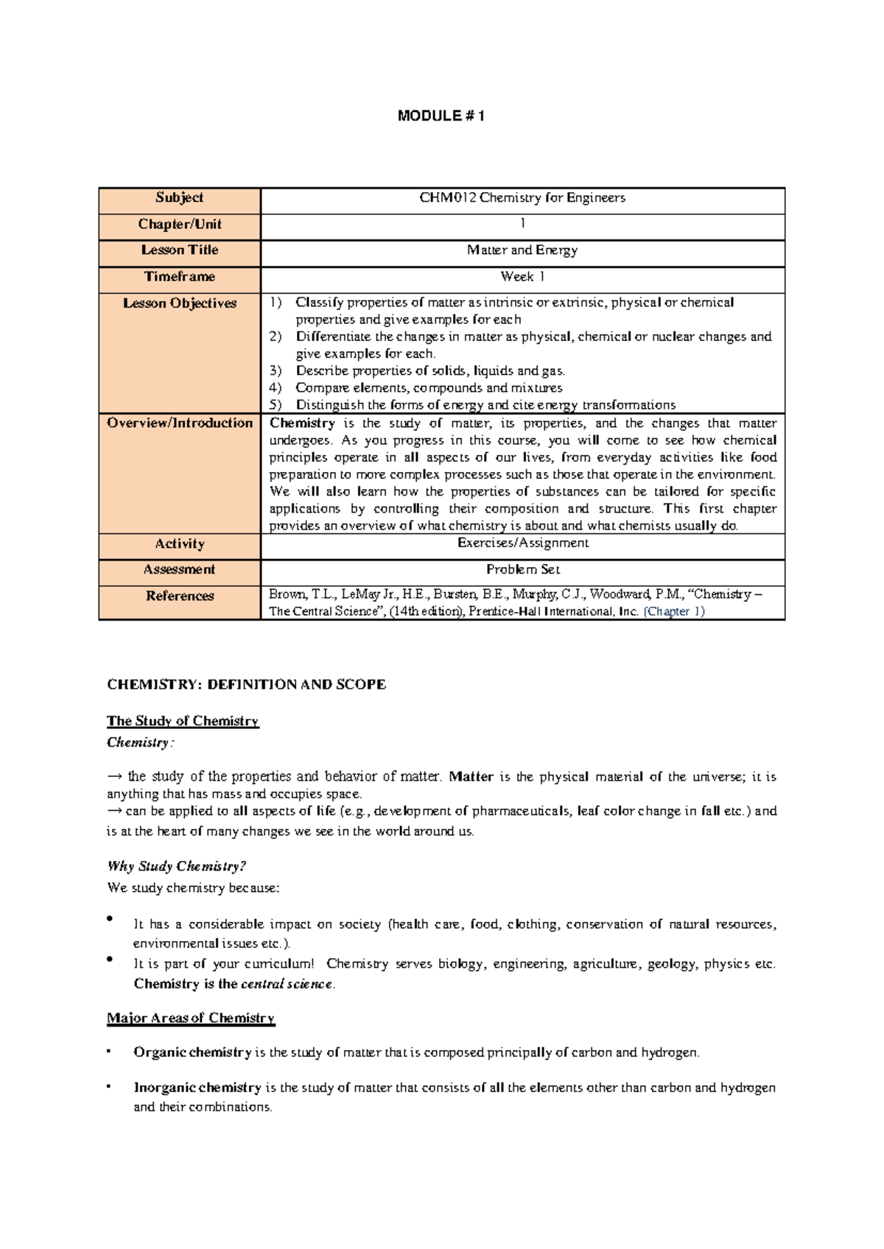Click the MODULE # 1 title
(x=441, y=116)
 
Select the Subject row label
(x=179, y=197)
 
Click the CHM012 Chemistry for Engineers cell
(x=522, y=197)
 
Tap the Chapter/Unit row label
(x=179, y=224)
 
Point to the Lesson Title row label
(x=179, y=250)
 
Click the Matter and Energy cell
(x=522, y=250)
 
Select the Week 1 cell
(x=522, y=277)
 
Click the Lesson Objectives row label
(x=179, y=303)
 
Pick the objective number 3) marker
(x=276, y=371)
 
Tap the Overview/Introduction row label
(x=179, y=423)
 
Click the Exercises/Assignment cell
(x=522, y=543)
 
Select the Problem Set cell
(x=522, y=569)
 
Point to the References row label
(x=179, y=596)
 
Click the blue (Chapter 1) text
(x=674, y=611)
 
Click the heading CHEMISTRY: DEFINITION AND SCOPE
(x=246, y=685)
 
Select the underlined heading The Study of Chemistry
(x=183, y=721)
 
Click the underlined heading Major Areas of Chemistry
(x=190, y=1018)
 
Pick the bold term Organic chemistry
(x=192, y=1052)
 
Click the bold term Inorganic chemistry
(x=197, y=1088)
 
